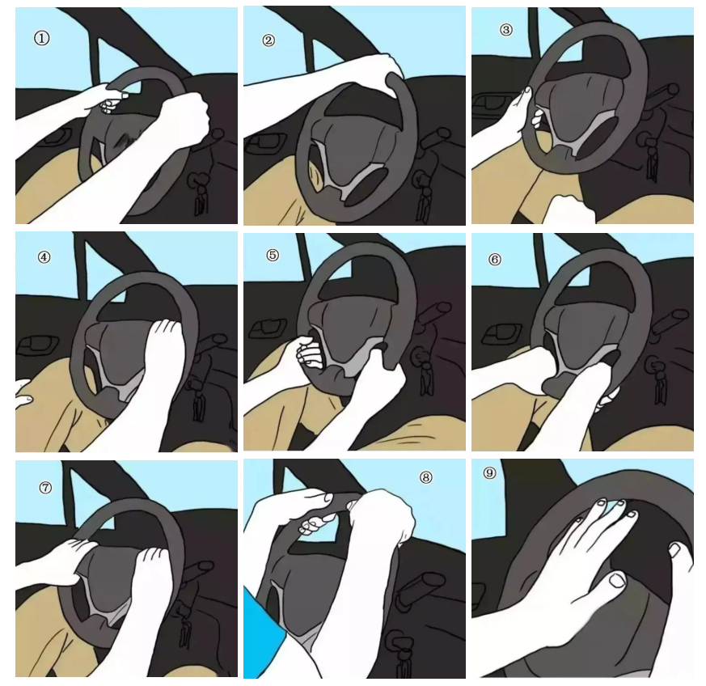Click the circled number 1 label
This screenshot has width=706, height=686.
[42, 38]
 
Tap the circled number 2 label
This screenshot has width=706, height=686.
[268, 40]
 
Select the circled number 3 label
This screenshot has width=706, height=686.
[506, 30]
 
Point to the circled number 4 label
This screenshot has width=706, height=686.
[44, 257]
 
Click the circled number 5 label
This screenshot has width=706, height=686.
[273, 255]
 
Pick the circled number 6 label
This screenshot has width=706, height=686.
[494, 260]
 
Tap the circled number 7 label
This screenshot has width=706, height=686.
[45, 487]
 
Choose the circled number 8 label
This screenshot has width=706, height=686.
[425, 477]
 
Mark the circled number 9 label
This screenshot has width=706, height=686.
[489, 472]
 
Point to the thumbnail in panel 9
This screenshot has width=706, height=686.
[616, 579]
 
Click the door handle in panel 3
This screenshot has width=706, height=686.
[493, 101]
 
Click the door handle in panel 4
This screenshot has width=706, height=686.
[37, 345]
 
